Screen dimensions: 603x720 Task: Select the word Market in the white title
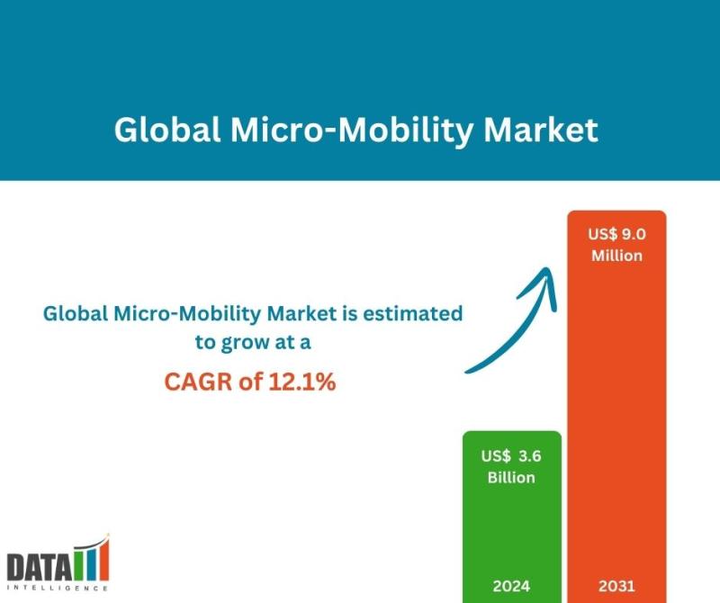click(541, 130)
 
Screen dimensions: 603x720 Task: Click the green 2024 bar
click(512, 531)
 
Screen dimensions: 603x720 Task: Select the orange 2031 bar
click(616, 405)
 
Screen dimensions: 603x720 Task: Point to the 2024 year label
click(512, 586)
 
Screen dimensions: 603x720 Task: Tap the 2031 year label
click(616, 586)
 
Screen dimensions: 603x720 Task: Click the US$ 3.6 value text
click(512, 455)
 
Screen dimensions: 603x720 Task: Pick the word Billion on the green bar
click(512, 477)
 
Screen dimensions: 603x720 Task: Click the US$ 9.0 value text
click(616, 234)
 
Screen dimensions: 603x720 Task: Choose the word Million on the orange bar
click(616, 256)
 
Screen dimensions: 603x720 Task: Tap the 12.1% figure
click(301, 382)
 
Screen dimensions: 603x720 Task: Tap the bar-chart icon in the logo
click(91, 559)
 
